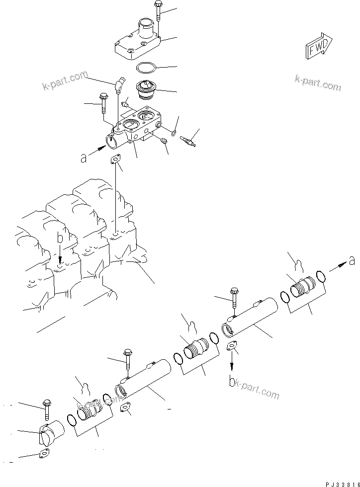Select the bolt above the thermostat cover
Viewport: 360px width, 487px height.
[x=158, y=11]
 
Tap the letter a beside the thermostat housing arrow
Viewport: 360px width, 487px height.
[x=84, y=158]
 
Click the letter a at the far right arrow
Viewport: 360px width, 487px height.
[x=352, y=259]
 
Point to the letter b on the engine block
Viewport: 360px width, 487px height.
[x=60, y=239]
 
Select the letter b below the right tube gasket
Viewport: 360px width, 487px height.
[x=232, y=382]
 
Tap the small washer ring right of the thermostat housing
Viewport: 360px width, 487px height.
[x=173, y=132]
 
